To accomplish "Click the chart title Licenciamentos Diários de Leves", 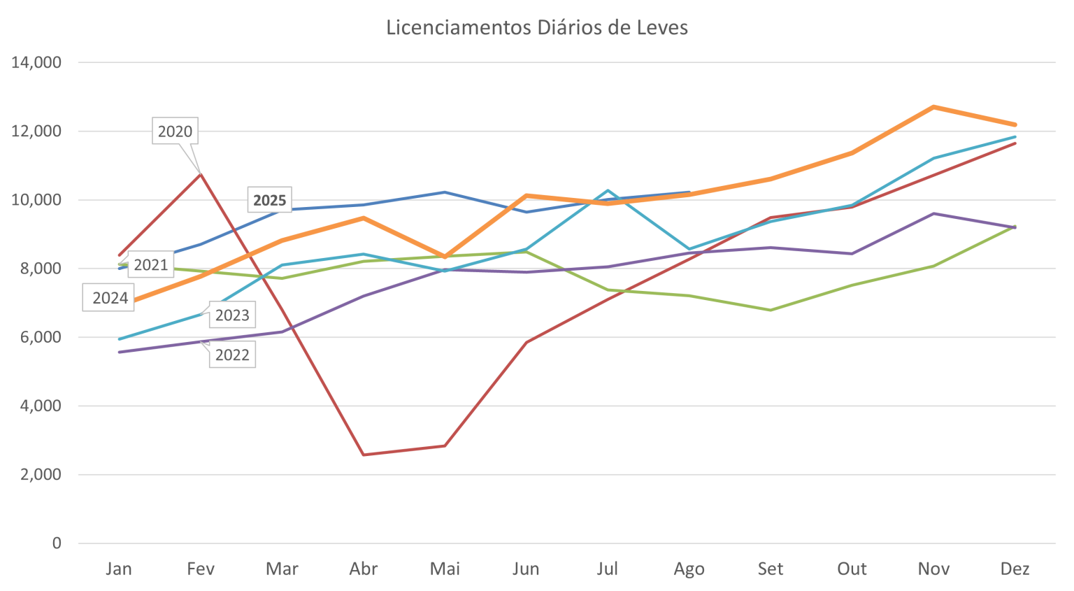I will tap(536, 28).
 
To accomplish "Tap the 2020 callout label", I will tap(174, 131).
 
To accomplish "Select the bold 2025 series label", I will tap(269, 200).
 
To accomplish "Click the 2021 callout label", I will tap(150, 265).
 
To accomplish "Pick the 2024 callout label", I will tap(110, 299).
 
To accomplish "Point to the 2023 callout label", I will tap(231, 315).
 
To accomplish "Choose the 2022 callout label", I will tap(231, 355).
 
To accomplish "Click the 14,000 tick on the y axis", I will tap(36, 63).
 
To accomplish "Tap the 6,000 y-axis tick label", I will tap(40, 337).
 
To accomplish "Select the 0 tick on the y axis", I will tap(56, 543).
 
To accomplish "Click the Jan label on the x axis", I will tap(118, 569).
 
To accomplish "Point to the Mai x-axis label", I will tap(445, 569).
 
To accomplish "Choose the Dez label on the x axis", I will tap(1015, 569).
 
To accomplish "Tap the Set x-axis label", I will tap(770, 569).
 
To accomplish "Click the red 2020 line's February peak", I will tap(201, 173).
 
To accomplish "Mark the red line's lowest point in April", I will tap(364, 455).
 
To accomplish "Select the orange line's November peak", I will tap(933, 107).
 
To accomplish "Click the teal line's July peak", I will tap(608, 190).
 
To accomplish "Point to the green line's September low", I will tap(770, 310).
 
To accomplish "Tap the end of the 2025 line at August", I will tap(689, 192).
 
